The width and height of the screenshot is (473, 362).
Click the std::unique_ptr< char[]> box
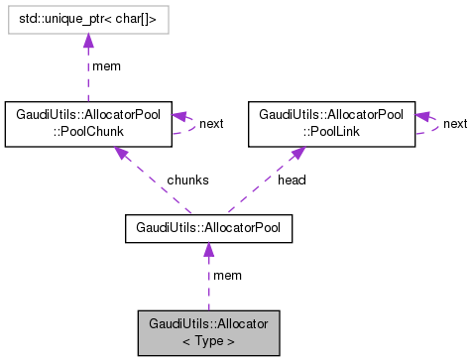coord(87,18)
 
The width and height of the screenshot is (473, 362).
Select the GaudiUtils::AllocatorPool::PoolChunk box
coord(89,122)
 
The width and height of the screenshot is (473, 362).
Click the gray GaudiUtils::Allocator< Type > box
coord(208,332)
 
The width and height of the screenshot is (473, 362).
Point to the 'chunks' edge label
coord(186,180)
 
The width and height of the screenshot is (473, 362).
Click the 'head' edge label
coord(293,180)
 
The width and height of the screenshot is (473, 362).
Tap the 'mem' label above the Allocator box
coord(227,275)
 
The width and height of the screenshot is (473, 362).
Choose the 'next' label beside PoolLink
coord(455,123)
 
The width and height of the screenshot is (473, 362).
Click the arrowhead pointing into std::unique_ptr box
coord(87,40)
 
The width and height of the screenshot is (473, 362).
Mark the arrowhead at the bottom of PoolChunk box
coord(120,153)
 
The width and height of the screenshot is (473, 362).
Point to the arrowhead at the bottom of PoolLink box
coord(296,153)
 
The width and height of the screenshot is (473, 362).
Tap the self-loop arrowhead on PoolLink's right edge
coord(421,115)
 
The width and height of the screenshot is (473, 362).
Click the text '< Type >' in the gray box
coord(208,340)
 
